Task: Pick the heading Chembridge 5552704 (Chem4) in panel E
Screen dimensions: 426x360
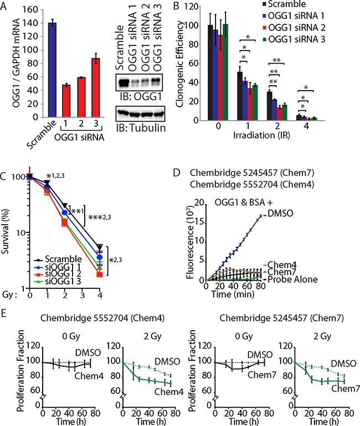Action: [x=83, y=318]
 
